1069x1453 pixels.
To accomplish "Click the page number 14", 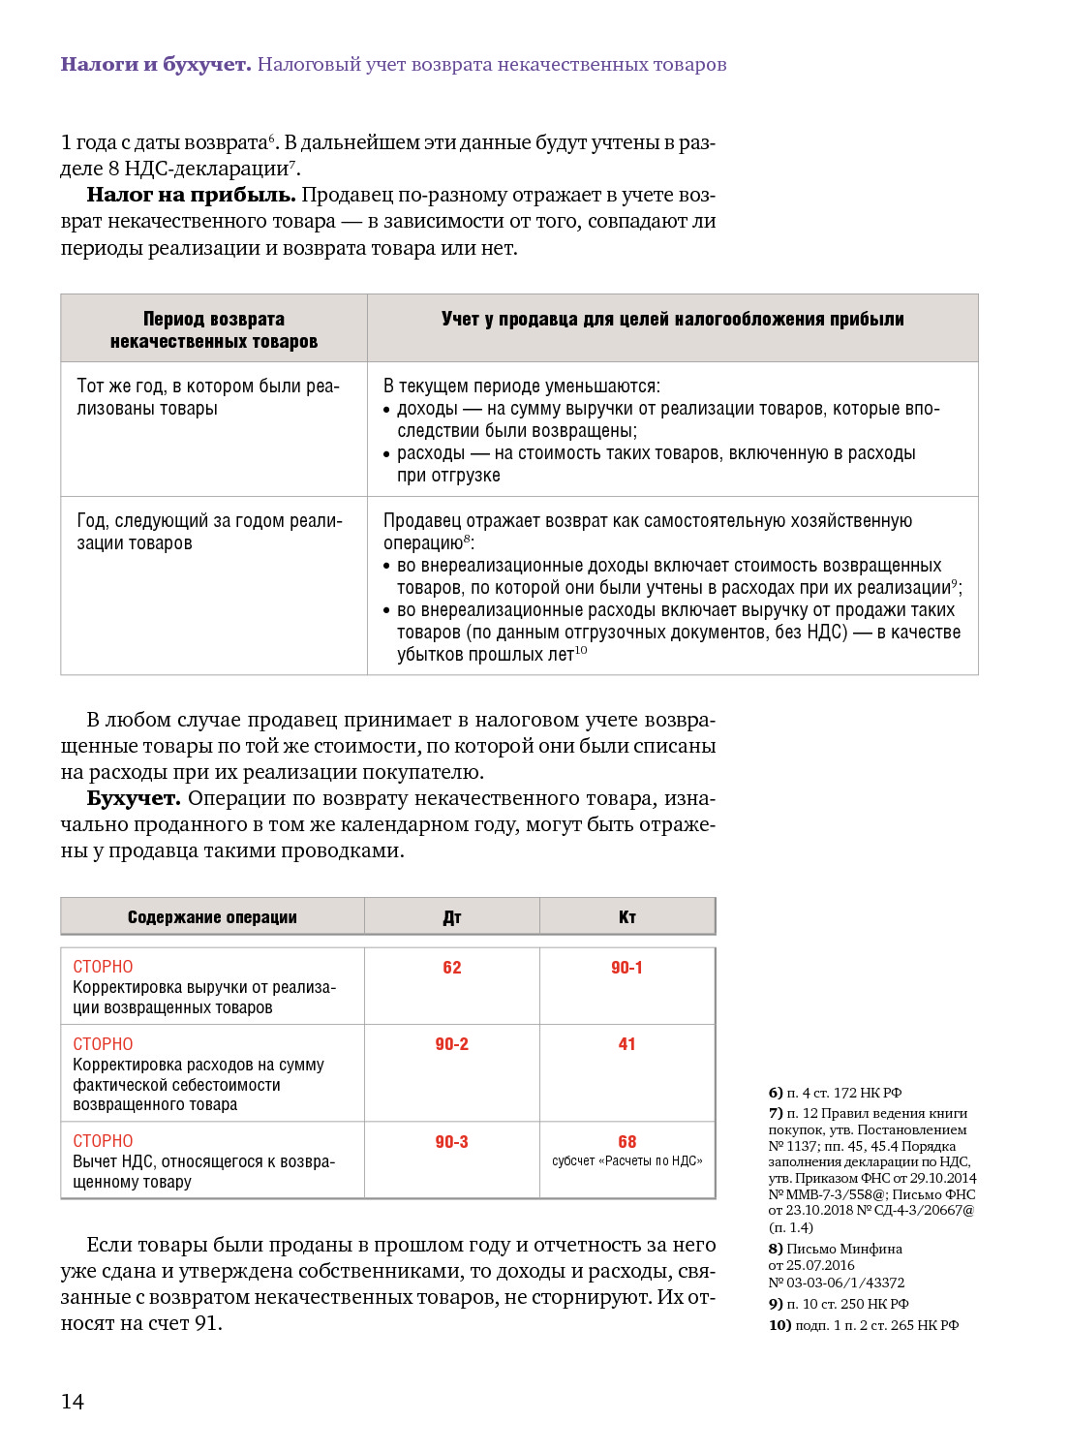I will (x=73, y=1402).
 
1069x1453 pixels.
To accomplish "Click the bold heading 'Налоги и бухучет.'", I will (x=156, y=65).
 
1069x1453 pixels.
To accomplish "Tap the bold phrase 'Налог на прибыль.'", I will (x=191, y=195).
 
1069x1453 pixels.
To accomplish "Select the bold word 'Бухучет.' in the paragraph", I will (x=134, y=798).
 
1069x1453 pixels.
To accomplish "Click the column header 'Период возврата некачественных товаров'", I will (x=214, y=329).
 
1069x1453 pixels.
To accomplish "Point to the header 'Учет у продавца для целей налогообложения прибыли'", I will (x=672, y=319).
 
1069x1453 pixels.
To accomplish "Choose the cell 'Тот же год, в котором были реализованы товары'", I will (x=208, y=397).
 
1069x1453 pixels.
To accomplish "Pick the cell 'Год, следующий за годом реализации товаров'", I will (x=209, y=532).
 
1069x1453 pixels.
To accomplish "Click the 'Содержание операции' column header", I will (x=212, y=917).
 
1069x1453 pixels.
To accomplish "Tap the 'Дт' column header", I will (x=452, y=917).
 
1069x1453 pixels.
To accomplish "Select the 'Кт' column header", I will (x=627, y=917).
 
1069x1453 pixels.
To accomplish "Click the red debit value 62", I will (x=452, y=968).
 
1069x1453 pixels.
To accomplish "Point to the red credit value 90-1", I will (x=626, y=968).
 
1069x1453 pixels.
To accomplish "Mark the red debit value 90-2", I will (x=452, y=1044).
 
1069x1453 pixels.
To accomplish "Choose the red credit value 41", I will (x=627, y=1044).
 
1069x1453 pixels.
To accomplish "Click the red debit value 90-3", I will (x=452, y=1142).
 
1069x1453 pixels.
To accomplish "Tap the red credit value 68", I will (x=627, y=1142).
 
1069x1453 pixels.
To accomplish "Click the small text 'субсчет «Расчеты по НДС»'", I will (x=627, y=1160).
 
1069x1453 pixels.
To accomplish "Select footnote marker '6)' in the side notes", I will (x=776, y=1093).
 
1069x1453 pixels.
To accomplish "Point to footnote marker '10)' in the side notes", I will (x=779, y=1325).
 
